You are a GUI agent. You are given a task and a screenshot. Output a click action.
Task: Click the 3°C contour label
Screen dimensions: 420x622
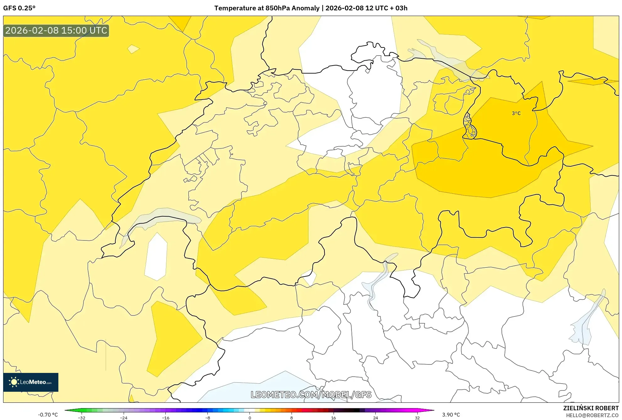pos(516,113)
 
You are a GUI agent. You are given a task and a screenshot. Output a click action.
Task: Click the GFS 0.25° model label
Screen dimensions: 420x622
pos(19,8)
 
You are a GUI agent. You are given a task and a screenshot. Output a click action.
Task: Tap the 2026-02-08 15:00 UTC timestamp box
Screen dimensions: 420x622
pos(56,30)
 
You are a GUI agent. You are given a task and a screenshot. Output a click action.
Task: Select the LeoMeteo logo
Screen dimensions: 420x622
pos(31,382)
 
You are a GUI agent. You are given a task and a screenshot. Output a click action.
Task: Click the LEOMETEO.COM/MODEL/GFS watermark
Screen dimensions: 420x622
pos(311,395)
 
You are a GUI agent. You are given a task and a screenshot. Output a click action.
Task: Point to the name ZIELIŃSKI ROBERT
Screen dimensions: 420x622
pos(591,408)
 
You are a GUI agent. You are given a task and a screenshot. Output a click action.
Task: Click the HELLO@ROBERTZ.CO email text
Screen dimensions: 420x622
pos(592,415)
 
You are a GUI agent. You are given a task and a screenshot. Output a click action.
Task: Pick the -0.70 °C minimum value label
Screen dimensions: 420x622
pos(48,415)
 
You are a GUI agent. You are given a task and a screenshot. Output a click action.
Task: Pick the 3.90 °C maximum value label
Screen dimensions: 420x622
pos(451,415)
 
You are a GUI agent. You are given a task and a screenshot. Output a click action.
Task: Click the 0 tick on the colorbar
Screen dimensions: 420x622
pos(249,417)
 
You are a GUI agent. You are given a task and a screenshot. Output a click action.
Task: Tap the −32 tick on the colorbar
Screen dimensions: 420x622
pos(82,417)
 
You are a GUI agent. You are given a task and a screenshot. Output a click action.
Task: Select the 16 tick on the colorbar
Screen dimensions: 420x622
pos(333,417)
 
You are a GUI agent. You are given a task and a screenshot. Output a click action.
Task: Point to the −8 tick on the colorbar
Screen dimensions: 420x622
pos(207,417)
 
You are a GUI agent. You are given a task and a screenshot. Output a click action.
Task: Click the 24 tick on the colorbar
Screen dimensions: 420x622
pos(375,417)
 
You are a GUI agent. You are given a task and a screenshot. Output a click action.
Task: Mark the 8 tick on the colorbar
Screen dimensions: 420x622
pos(292,417)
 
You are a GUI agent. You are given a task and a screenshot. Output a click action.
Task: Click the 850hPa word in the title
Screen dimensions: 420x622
pos(277,8)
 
